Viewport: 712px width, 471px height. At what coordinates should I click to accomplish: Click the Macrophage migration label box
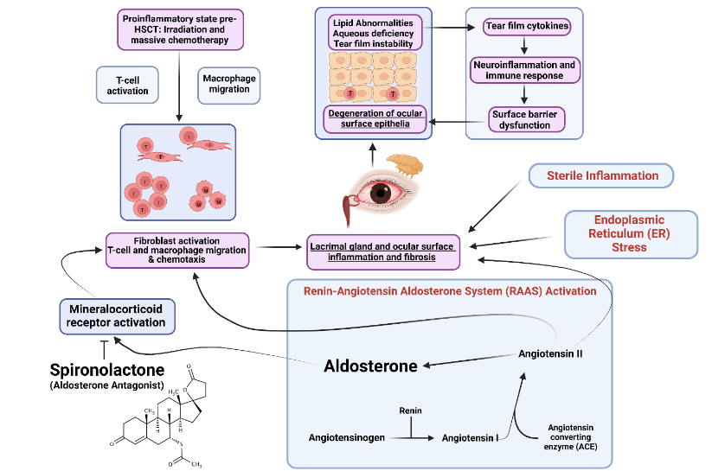pyautogui.click(x=229, y=85)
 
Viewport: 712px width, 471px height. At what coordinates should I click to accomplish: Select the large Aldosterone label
pyautogui.click(x=370, y=366)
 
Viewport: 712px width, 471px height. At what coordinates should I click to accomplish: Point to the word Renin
pyautogui.click(x=410, y=410)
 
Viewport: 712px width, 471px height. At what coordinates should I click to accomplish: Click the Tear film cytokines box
pyautogui.click(x=525, y=27)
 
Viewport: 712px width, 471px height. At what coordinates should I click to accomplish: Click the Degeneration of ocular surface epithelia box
pyautogui.click(x=375, y=118)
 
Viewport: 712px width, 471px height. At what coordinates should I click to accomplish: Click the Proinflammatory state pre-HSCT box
pyautogui.click(x=177, y=28)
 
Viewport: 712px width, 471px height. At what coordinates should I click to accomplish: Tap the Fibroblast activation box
pyautogui.click(x=177, y=251)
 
